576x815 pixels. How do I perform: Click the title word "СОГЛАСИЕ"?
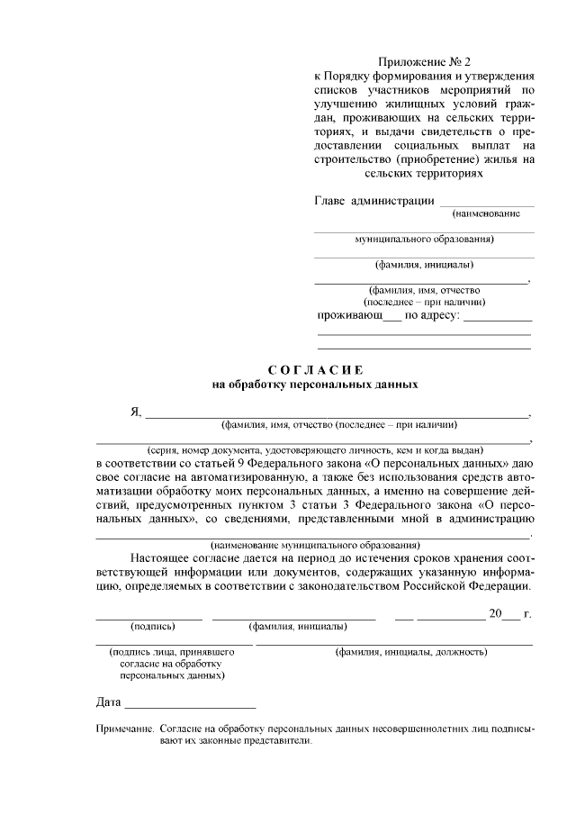tap(315, 370)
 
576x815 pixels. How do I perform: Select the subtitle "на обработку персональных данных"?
tap(315, 384)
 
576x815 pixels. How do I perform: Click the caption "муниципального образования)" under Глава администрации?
tap(424, 240)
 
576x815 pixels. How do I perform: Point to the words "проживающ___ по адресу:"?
tap(389, 316)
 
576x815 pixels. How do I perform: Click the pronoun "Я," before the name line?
tap(136, 412)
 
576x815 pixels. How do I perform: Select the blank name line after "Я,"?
tap(337, 415)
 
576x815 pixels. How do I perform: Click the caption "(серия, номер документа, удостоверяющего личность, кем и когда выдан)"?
tap(316, 449)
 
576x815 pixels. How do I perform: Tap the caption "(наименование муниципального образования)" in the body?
tap(315, 546)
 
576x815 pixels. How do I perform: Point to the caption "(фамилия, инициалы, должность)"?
tap(411, 650)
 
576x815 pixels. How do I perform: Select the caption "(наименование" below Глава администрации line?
tap(486, 214)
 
